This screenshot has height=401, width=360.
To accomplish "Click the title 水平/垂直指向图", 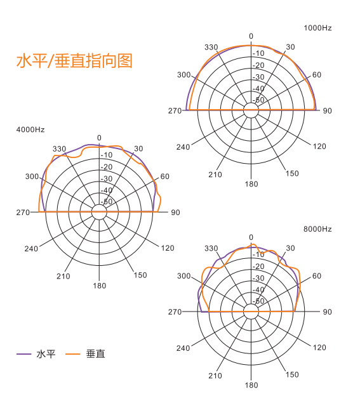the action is coord(74,61).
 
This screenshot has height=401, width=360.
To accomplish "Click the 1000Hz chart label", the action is coord(317,28).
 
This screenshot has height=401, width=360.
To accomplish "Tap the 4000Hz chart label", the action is coord(30,129).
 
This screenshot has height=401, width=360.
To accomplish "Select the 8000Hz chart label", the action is coord(317,229).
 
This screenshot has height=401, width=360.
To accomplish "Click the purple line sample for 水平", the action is coord(23,354).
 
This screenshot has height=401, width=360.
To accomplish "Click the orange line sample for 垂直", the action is coord(72,354).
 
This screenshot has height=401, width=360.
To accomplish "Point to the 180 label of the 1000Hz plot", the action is coord(251,184).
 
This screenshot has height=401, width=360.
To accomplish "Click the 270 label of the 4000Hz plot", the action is coord(23,213).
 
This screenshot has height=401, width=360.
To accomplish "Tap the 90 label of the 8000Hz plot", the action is coord(327,312).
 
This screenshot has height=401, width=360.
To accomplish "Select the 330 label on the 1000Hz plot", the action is coord(211,48).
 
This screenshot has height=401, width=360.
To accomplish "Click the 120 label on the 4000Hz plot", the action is coord(168,248).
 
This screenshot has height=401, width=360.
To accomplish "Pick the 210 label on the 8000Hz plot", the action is coord(215,376).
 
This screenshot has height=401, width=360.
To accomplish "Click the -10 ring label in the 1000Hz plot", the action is coord(258,53).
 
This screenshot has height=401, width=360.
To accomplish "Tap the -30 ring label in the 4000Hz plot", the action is coord(107,178).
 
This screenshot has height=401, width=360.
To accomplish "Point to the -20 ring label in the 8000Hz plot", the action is coord(258,266).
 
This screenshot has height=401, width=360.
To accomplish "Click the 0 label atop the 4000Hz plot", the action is coord(99,138).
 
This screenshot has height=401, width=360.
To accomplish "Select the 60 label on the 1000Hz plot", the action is coord(317,75).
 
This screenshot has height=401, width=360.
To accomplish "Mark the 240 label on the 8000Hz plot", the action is coord(183,348).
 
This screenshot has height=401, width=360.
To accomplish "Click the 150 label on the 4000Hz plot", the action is coord(140,275).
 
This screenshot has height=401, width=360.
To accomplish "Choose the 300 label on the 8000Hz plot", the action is coord(184,276).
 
